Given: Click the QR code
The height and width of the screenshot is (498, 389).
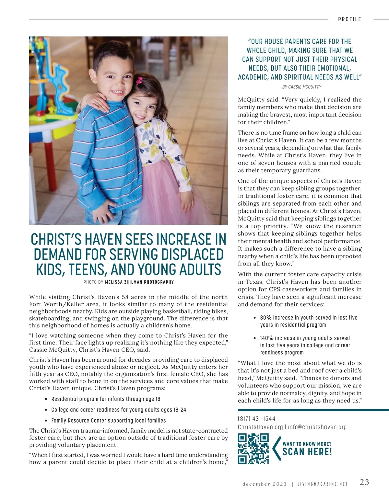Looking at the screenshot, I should [253, 448].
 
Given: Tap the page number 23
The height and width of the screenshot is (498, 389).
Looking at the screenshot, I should [364, 482].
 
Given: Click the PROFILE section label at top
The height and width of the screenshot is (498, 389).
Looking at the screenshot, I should [349, 19].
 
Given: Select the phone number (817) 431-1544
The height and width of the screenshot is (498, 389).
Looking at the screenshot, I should [256, 419].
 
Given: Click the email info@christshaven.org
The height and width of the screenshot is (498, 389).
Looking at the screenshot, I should [317, 427].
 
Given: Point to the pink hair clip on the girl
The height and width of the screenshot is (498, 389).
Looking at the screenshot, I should [140, 80].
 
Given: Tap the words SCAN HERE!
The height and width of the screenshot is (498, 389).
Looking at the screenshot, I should [307, 452].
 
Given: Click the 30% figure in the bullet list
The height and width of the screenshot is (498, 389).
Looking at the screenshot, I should [266, 318].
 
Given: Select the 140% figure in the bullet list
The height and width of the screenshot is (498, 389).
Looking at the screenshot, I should [267, 338].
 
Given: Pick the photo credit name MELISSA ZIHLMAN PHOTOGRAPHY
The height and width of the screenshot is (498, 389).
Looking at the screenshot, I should [139, 282].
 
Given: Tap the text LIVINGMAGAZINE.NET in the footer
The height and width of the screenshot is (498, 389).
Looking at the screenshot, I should [323, 484].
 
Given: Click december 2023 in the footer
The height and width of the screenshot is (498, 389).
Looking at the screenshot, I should [265, 484].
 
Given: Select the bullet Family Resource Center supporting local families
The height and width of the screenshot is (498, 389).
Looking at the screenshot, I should [108, 421].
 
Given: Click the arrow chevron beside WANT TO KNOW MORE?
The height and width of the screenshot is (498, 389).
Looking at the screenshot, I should [276, 448].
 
